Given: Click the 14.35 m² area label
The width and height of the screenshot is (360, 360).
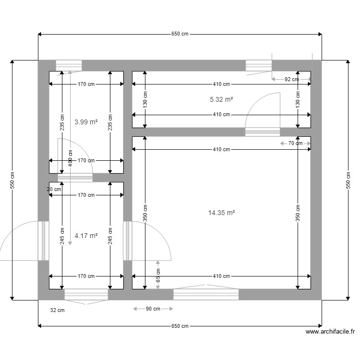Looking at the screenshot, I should click(x=221, y=213).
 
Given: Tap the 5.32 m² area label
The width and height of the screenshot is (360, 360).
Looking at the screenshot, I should click(x=221, y=100).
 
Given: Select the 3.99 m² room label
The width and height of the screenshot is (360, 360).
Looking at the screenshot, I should click(x=86, y=122).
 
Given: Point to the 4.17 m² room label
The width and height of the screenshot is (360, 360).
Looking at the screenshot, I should click(x=86, y=236).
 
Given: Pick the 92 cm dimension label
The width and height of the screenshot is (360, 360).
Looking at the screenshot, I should click(x=291, y=80).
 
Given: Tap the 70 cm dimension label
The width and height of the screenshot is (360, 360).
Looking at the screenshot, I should click(x=295, y=144).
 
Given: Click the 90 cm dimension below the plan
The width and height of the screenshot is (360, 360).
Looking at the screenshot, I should click(x=153, y=309).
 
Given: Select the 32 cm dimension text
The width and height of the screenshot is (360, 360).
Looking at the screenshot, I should click(x=57, y=311).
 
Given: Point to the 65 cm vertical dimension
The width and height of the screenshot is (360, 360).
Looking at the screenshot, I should click(x=158, y=275).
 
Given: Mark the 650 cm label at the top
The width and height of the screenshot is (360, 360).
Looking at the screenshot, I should click(x=180, y=34).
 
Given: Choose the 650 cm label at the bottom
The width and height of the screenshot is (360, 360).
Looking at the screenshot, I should click(x=180, y=326).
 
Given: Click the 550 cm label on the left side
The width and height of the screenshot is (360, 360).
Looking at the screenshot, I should click(x=12, y=180).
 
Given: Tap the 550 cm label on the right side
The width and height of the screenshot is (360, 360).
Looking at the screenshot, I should click(x=347, y=180).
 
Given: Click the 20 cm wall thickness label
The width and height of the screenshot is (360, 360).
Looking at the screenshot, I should click(x=54, y=189).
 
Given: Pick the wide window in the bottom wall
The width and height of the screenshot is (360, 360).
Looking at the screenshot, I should click(x=206, y=294).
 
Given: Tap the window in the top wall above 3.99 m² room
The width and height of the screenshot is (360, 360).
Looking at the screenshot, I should click(x=69, y=65).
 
